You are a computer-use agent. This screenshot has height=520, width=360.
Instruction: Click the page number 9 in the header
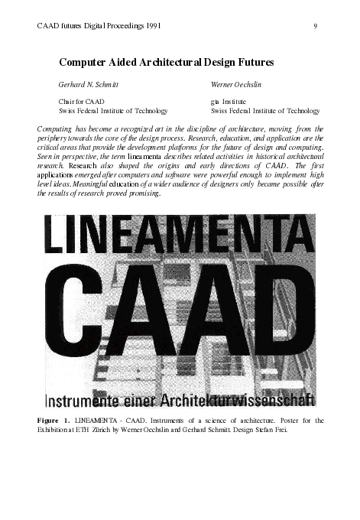coord(315,27)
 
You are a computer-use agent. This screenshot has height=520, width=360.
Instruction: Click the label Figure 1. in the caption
coord(54,421)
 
